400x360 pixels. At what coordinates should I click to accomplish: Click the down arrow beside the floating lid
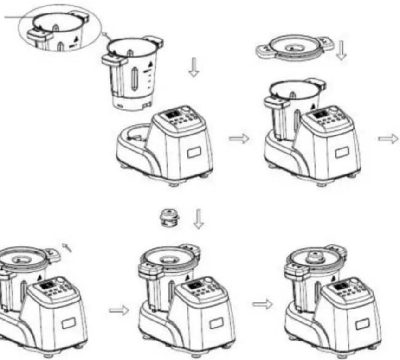[x=342, y=50]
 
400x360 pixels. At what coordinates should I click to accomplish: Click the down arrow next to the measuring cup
[x=198, y=219]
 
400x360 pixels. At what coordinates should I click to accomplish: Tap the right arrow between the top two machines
[x=239, y=138]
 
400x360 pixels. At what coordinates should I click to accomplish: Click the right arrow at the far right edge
[x=388, y=138]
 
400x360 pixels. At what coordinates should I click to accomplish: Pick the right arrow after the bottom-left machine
[x=119, y=310]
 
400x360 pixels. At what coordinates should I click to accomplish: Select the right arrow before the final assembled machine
[x=263, y=304]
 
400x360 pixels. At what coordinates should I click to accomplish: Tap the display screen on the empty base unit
[x=173, y=115]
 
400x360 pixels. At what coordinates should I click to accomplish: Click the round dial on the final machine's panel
[x=355, y=281]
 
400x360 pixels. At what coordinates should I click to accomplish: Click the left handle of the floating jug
[x=113, y=59]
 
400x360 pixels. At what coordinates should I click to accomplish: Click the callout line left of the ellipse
[x=14, y=18]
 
